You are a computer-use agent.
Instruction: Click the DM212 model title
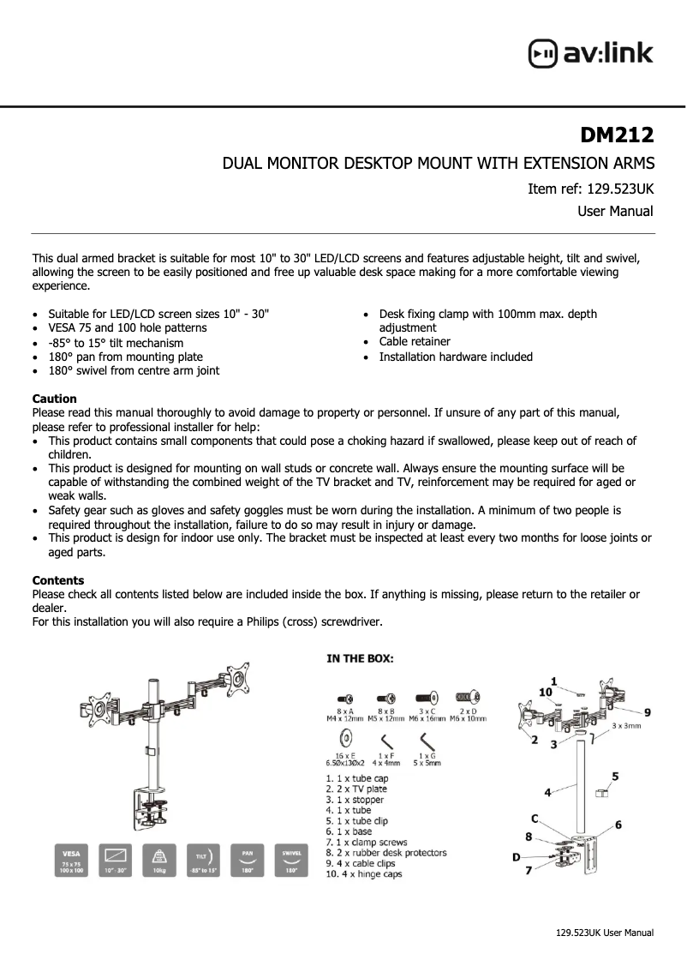[x=617, y=135]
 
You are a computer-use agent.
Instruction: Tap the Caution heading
[x=54, y=399]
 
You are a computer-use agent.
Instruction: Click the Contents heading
[x=57, y=580]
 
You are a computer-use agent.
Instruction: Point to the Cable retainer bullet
[x=415, y=342]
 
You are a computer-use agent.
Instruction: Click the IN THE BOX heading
[x=360, y=658]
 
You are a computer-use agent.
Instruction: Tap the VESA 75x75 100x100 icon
[x=70, y=860]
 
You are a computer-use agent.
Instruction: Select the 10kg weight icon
[x=158, y=860]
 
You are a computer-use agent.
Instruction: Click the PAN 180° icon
[x=246, y=860]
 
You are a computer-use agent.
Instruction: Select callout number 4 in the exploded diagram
[x=547, y=793]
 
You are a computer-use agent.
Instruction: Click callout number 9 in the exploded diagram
[x=648, y=711]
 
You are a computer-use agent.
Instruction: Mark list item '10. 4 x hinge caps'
[x=363, y=873]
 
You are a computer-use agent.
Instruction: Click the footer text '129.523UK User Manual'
[x=605, y=933]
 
